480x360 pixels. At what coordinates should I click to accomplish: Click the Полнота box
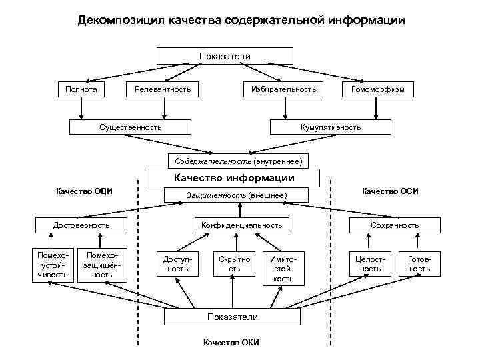point(81,89)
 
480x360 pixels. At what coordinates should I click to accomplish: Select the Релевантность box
point(163,89)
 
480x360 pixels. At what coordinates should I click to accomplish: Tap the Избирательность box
point(284,89)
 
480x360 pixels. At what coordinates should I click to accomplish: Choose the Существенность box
point(130,127)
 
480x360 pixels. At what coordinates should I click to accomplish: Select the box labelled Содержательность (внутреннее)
point(239,161)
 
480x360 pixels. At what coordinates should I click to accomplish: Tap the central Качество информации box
point(234,178)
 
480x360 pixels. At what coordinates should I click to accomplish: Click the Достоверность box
point(81,225)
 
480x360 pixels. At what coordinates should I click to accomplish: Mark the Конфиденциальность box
point(251,225)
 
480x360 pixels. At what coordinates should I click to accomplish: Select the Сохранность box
point(395,225)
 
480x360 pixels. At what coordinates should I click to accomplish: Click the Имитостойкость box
point(283,268)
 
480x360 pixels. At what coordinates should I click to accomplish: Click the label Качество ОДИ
point(85,191)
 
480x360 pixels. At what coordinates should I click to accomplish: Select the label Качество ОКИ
point(231,343)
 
